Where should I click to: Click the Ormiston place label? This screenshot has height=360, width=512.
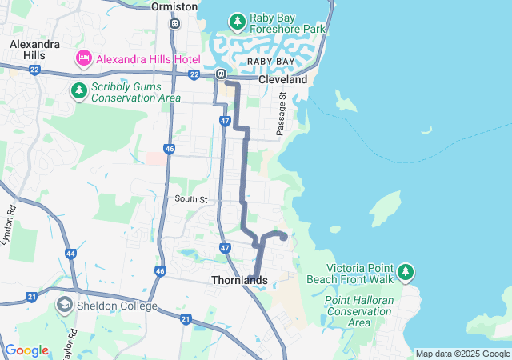[x=174, y=6]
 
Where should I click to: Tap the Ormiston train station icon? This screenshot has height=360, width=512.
[x=174, y=23]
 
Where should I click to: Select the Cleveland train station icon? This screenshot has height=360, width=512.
[x=221, y=74]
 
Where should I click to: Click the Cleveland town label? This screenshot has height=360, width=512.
[x=282, y=80]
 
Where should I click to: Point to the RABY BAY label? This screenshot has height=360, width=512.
[x=269, y=61]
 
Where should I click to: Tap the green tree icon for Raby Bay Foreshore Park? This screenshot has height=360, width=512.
[x=237, y=21]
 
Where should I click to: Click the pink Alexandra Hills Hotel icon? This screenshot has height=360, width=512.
[x=83, y=58]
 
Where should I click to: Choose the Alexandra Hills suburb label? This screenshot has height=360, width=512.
[x=34, y=50]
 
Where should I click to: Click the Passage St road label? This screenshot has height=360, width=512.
[x=282, y=113]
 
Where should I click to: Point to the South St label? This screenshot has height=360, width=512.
[x=191, y=198]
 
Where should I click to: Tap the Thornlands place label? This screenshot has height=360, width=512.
[x=239, y=280]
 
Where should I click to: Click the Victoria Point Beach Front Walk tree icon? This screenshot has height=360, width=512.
[x=406, y=273]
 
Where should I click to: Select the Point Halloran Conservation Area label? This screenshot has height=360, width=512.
[x=359, y=311]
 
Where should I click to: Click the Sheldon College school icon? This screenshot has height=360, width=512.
[x=63, y=305]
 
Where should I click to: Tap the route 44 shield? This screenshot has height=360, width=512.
[x=71, y=254]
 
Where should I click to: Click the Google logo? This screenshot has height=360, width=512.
[x=26, y=350]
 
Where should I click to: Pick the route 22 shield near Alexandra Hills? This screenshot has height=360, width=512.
[x=34, y=70]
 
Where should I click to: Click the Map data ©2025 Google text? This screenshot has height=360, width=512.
[x=462, y=354]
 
